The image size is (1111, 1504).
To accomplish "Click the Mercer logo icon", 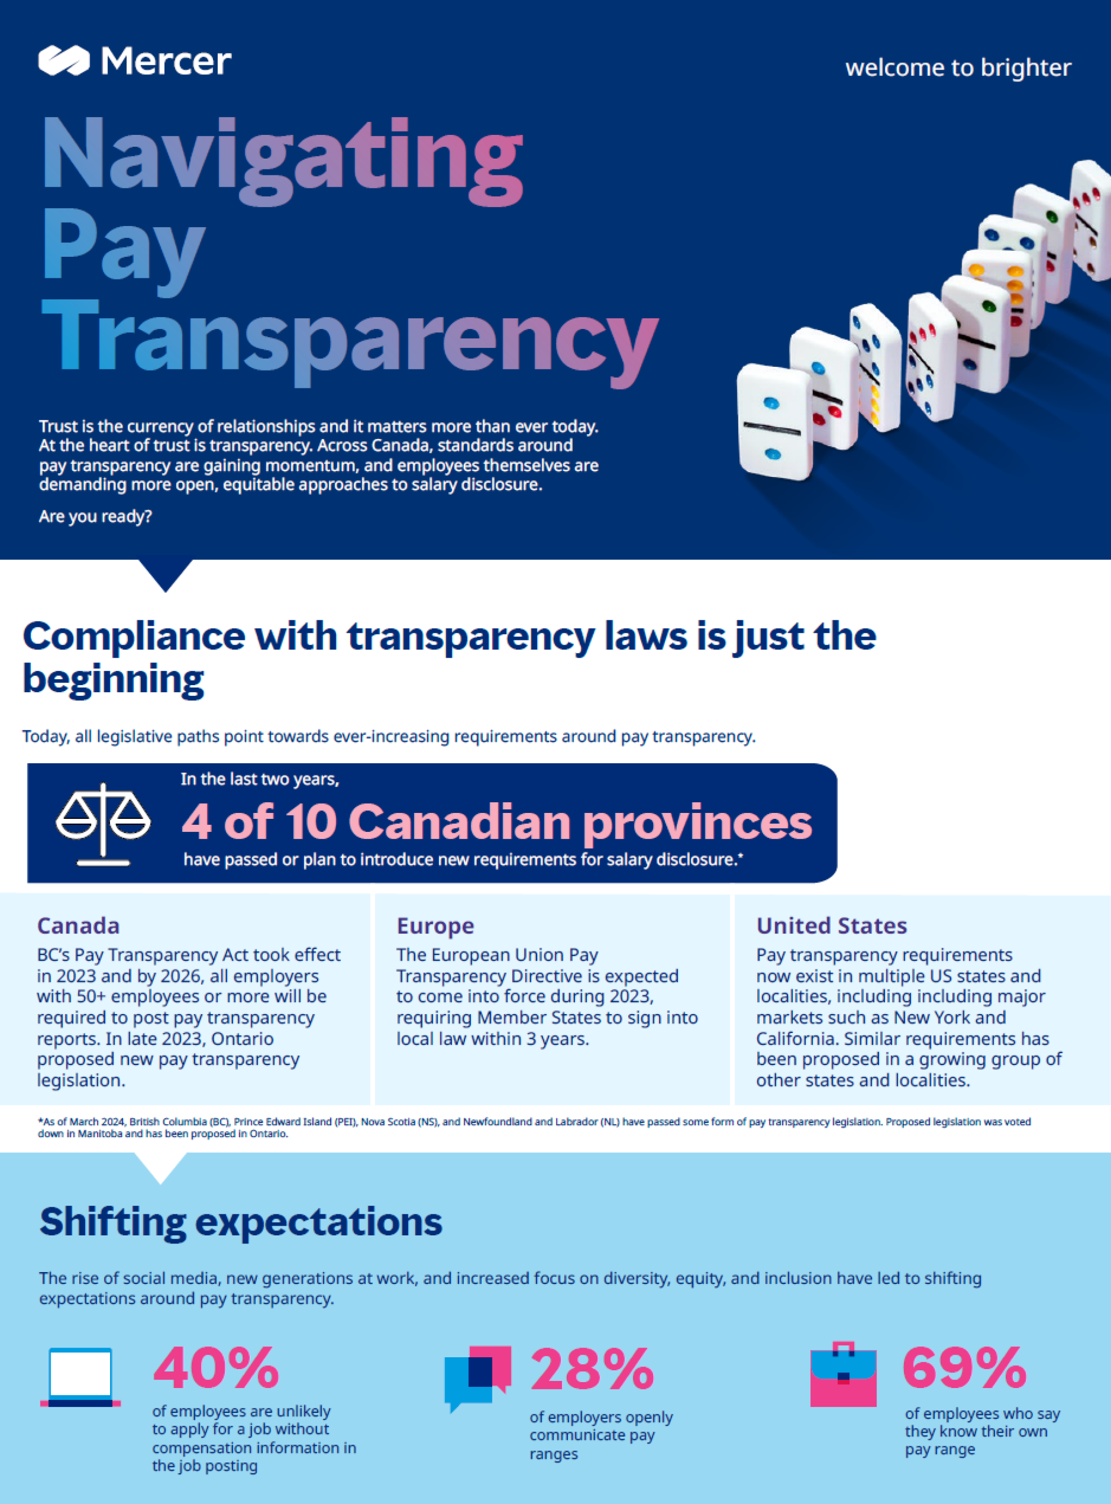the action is click(x=64, y=60).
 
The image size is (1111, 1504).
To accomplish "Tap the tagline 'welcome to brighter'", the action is click(x=958, y=68).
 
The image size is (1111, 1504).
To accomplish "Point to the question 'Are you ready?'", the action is click(x=95, y=517).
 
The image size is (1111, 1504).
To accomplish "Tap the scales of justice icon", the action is click(x=103, y=823).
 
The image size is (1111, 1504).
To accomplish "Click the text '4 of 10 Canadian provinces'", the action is click(x=496, y=822).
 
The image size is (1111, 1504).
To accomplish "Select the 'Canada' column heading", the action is click(x=78, y=926).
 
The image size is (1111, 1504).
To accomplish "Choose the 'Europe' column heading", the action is click(x=435, y=926).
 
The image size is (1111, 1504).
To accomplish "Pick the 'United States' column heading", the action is click(x=831, y=926).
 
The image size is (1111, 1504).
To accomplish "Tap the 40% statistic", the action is click(x=216, y=1368).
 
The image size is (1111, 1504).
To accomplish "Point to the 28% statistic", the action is click(x=592, y=1368).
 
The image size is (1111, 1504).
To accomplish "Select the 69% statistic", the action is click(x=964, y=1368).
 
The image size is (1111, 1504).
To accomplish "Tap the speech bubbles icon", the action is click(x=477, y=1377).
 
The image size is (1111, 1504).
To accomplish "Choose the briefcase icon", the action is click(x=843, y=1376).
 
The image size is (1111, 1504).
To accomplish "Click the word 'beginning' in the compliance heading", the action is click(x=113, y=679).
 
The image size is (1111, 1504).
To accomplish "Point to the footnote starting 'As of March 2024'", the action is click(x=534, y=1127).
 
